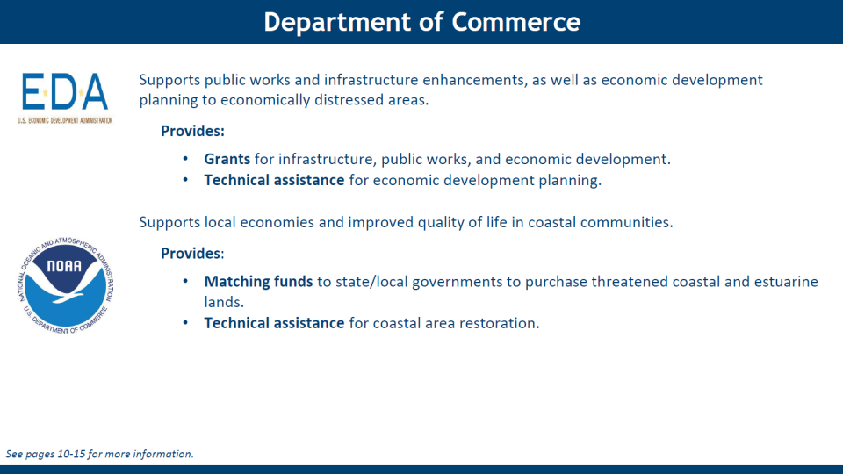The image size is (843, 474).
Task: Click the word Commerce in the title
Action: coord(515,22)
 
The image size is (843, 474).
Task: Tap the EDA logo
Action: coord(65,98)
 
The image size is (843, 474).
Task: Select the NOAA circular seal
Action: coord(66,285)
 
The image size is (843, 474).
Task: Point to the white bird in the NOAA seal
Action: coord(66,284)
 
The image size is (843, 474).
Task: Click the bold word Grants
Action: coord(227,159)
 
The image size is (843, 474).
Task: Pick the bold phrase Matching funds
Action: coord(258,282)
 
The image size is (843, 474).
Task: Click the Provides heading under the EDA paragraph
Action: coord(192,131)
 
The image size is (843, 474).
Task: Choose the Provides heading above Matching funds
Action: coord(192,253)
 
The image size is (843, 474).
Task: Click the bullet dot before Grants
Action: coord(185,159)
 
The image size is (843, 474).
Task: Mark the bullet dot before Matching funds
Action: coord(185,281)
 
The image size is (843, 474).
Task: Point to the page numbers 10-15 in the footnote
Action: coord(71,454)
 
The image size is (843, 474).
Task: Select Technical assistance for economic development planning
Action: coord(403,181)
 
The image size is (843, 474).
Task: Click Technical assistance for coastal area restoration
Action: coord(371,323)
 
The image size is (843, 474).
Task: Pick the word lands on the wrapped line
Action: coord(224,302)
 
